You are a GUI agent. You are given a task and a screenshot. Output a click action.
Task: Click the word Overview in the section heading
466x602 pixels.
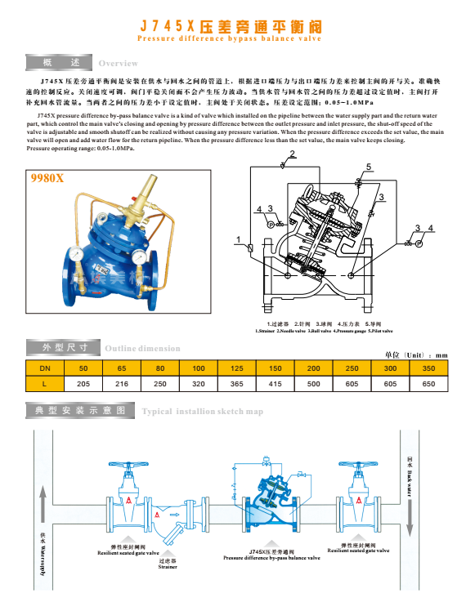[x=118, y=64]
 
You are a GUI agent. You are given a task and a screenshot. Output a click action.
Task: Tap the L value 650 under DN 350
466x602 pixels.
[x=428, y=382]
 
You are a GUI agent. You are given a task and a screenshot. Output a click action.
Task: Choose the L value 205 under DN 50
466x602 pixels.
[x=83, y=382]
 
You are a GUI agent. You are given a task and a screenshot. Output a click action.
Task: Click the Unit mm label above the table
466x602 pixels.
[x=415, y=355]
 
